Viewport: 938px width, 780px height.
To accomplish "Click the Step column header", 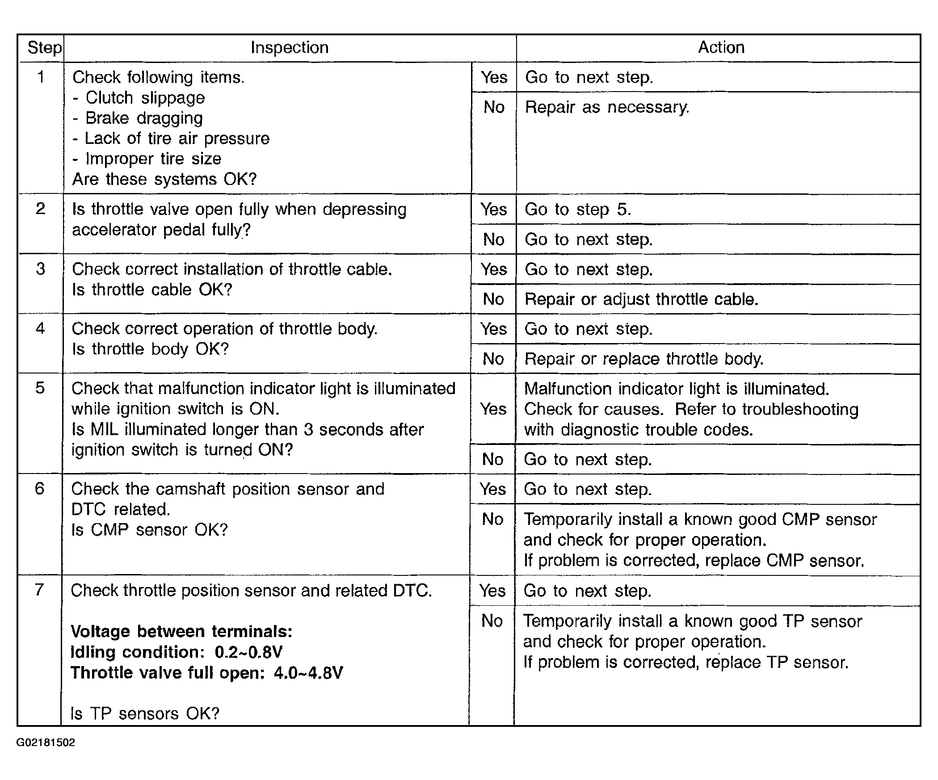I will [44, 47].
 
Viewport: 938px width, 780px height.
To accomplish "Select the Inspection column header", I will [290, 47].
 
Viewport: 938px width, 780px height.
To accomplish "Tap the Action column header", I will [721, 47].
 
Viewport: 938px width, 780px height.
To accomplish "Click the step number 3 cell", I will [40, 269].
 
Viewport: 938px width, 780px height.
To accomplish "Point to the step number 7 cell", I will [39, 590].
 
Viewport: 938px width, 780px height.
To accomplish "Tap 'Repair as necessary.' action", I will [607, 107].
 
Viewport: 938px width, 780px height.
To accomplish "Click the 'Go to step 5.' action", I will [578, 210].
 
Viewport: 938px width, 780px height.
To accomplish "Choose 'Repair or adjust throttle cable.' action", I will [641, 299].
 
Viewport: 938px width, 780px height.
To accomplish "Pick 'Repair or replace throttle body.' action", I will [644, 359].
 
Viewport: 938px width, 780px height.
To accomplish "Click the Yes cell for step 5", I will [493, 409].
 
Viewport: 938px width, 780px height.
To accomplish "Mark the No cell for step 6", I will [492, 519].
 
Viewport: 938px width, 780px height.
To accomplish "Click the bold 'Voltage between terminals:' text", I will [181, 632].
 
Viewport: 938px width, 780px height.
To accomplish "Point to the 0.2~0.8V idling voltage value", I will [248, 652].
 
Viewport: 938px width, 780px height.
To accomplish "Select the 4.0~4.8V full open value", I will [308, 673].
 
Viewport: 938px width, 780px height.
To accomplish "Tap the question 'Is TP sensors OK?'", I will [145, 714].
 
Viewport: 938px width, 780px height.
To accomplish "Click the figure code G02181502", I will [46, 742].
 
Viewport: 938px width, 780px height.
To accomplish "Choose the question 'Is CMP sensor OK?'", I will [149, 530].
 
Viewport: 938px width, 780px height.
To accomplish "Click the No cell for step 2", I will [493, 239].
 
